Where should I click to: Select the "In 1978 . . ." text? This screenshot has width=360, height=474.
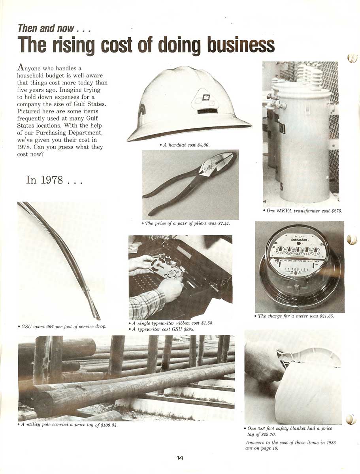pyautogui.click(x=54, y=180)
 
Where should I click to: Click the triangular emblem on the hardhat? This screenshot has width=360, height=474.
pyautogui.click(x=204, y=99)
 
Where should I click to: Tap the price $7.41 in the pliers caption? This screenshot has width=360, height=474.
pyautogui.click(x=224, y=224)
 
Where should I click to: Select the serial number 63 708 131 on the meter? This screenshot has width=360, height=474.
pyautogui.click(x=296, y=269)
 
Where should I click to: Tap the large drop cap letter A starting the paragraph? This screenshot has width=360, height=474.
pyautogui.click(x=21, y=67)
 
